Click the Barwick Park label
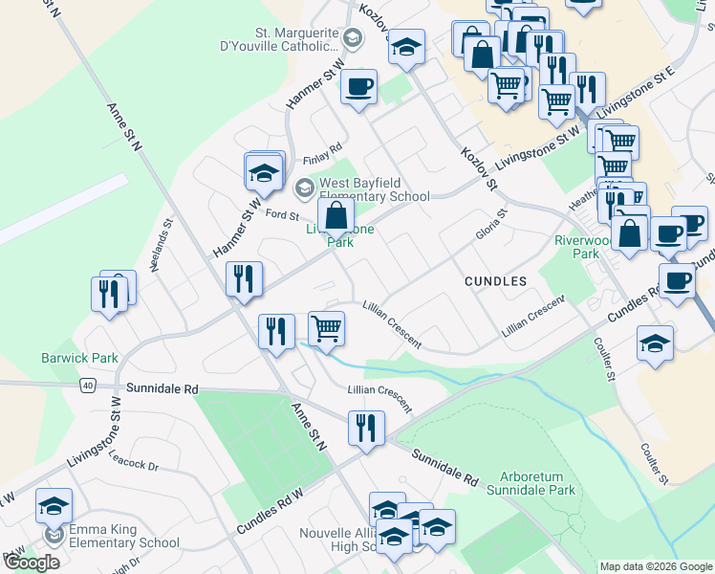click(79, 358)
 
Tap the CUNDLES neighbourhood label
click(495, 281)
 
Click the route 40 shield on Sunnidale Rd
click(87, 385)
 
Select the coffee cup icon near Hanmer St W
click(358, 87)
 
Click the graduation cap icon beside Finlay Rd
click(264, 172)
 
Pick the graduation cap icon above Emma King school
click(54, 505)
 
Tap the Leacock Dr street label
click(133, 464)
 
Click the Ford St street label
click(283, 214)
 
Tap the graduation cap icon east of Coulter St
click(655, 343)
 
